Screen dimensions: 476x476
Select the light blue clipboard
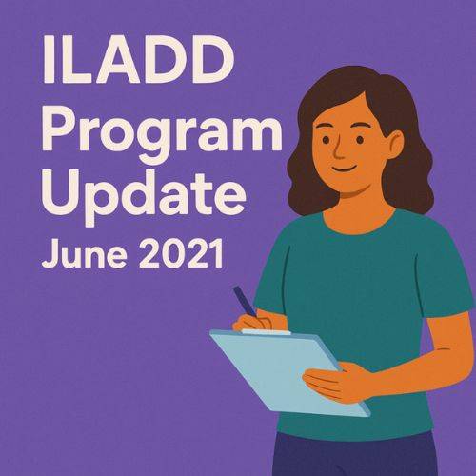click(x=286, y=371)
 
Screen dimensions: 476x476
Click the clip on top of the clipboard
click(x=255, y=330)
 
